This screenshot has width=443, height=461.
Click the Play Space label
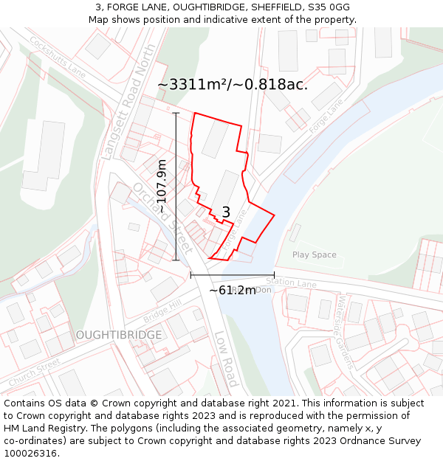tap(314, 255)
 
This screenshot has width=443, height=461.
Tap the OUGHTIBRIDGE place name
tap(118, 335)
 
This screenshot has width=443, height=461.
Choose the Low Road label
tap(225, 358)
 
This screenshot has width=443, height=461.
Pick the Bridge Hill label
tap(162, 311)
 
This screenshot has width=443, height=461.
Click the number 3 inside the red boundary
tap(226, 212)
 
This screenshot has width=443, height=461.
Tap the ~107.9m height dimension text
tap(162, 187)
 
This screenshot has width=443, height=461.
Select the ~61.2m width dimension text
tap(232, 290)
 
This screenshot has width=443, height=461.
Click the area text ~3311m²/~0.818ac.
tap(233, 85)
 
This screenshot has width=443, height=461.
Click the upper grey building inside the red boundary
tap(215, 139)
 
